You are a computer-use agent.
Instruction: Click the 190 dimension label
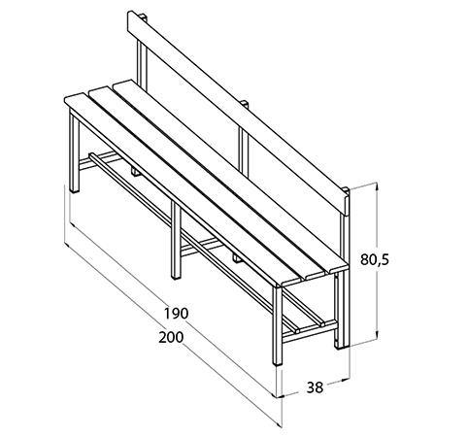176,314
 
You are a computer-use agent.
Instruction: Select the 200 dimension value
171,337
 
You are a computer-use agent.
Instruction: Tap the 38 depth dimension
315,387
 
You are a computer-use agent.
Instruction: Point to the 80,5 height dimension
375,259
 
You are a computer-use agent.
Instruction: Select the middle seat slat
207,183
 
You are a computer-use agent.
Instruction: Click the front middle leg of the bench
176,240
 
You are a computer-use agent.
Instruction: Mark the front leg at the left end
75,152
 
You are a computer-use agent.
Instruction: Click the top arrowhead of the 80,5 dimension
377,187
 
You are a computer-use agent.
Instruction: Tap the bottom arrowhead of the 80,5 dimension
377,334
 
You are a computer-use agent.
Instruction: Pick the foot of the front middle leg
176,277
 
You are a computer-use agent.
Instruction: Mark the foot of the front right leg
278,363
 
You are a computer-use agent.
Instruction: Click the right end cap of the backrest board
347,203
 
